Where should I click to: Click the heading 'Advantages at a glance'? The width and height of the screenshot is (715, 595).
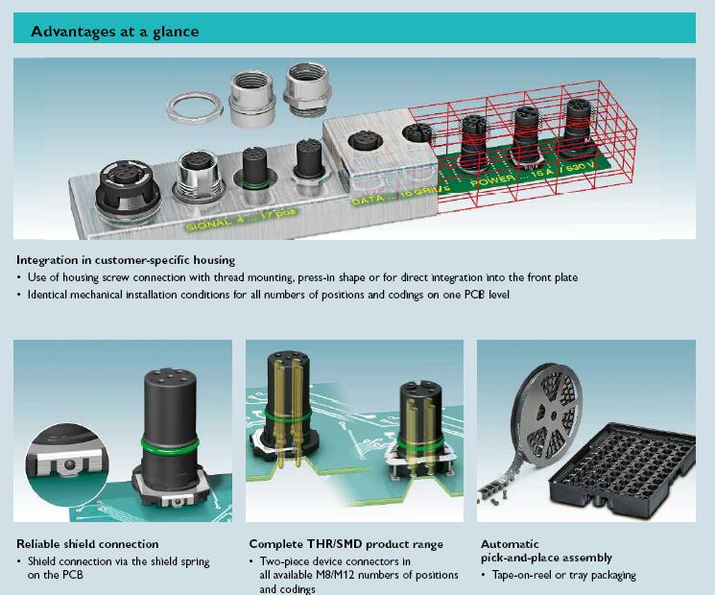tap(115, 31)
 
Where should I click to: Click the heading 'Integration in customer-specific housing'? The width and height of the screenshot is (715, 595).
tap(126, 260)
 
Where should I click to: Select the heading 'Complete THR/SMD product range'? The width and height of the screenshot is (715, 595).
tap(346, 544)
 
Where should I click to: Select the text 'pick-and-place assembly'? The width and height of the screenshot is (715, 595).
tap(546, 558)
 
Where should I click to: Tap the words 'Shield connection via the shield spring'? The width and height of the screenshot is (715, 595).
tap(118, 561)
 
